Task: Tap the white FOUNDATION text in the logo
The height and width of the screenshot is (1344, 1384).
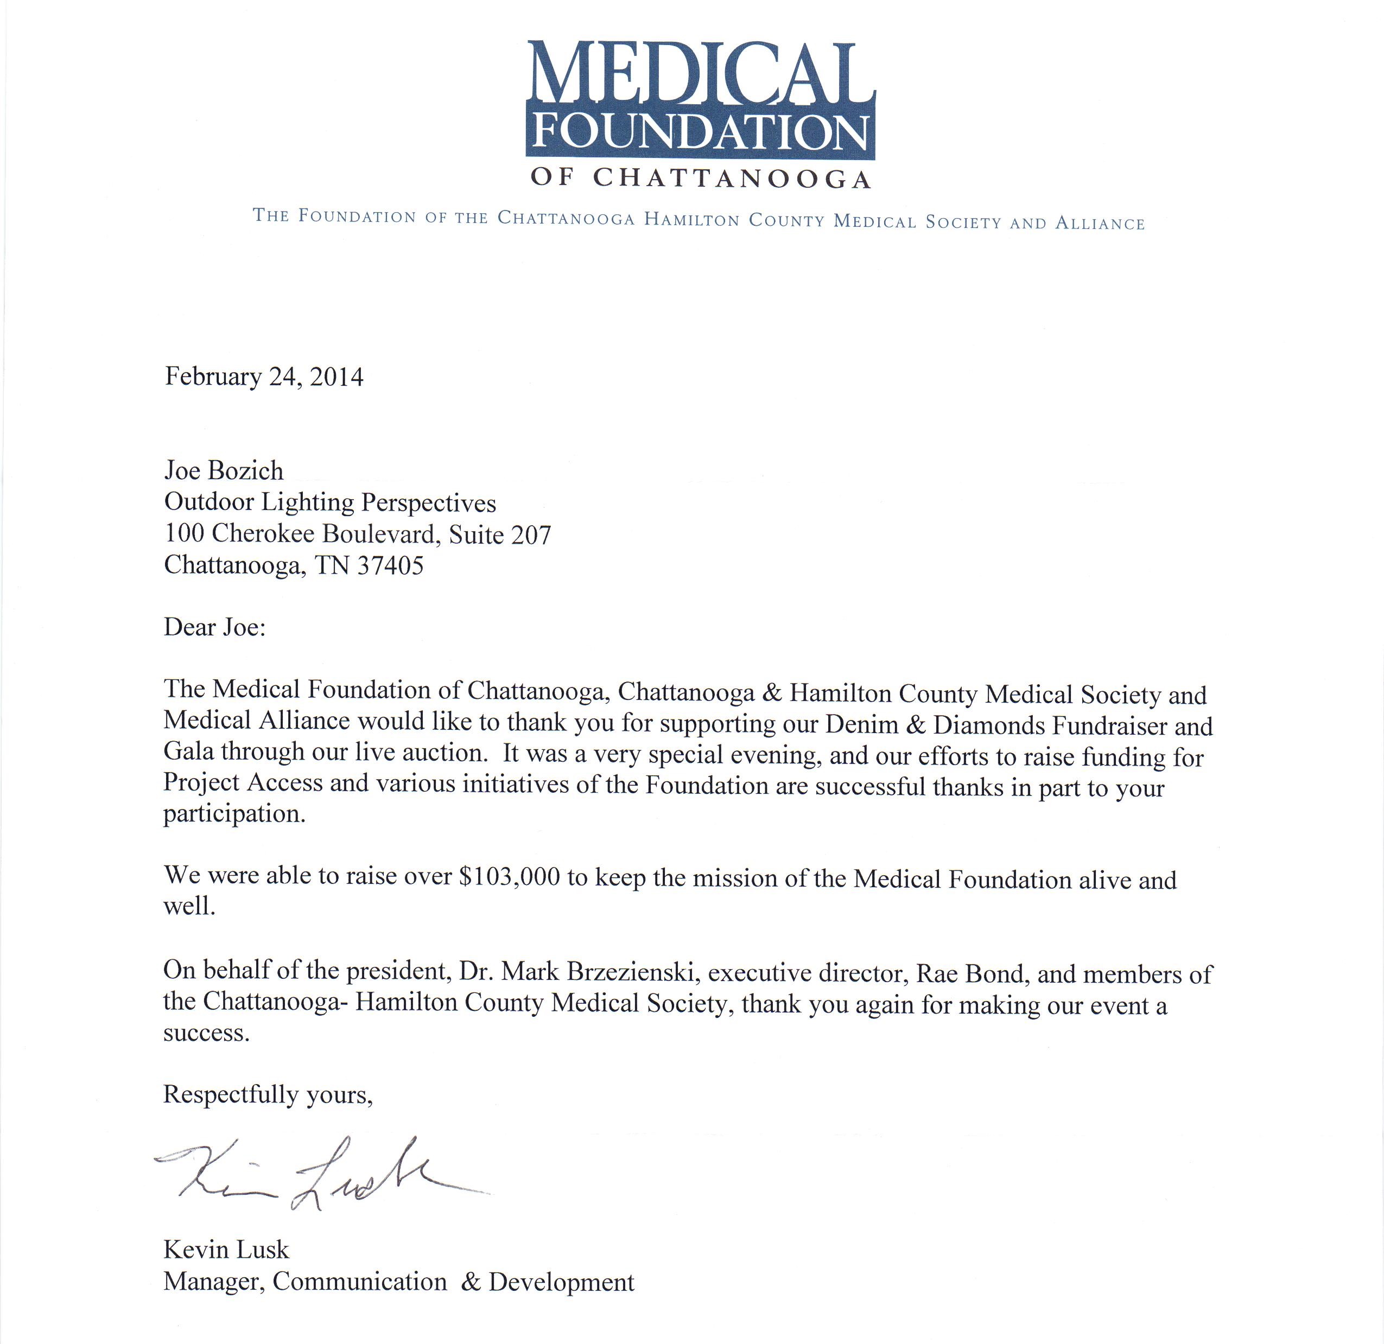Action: pos(701,131)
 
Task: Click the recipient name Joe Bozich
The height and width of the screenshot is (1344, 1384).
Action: pos(224,471)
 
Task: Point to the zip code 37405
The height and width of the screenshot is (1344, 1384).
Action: pos(390,566)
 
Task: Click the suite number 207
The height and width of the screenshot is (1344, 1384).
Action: pos(530,535)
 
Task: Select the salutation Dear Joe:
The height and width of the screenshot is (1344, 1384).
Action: pos(215,627)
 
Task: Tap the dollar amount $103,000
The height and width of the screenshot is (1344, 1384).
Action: pos(509,877)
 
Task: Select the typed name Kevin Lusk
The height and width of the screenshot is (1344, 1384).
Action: pos(226,1250)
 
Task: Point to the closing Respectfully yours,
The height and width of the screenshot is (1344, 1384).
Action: pos(268,1094)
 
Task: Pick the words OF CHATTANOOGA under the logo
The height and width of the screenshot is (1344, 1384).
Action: pos(701,178)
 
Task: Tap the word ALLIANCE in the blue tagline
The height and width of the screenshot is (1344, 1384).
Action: pos(1100,224)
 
